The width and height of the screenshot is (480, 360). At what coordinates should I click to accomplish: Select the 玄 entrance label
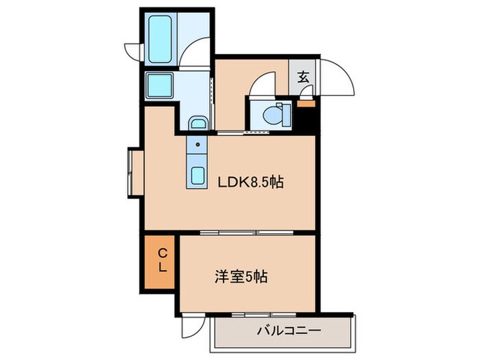302,77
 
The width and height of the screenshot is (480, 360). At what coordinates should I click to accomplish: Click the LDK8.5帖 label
251,183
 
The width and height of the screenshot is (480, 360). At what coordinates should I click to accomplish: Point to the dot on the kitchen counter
197,145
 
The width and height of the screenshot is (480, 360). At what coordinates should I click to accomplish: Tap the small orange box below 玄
304,104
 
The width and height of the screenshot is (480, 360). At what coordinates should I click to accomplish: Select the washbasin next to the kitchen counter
197,123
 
